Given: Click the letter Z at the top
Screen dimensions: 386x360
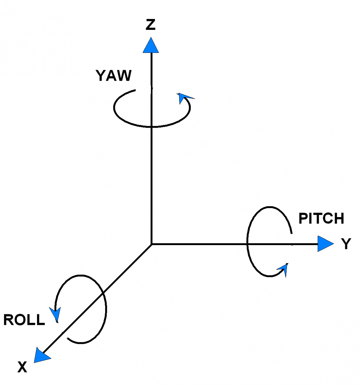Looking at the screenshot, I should point(151,25).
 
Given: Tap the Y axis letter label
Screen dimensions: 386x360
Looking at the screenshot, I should point(346,244).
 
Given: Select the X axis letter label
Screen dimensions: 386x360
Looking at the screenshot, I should point(22,367).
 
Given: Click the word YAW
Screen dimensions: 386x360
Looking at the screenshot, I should point(114,76).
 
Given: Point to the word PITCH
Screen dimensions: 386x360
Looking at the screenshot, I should point(321,219).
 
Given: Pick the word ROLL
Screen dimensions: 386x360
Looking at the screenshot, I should point(24,320).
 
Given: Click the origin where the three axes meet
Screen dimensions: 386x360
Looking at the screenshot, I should point(152,244).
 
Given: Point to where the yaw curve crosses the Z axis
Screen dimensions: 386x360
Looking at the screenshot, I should point(151,127).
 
